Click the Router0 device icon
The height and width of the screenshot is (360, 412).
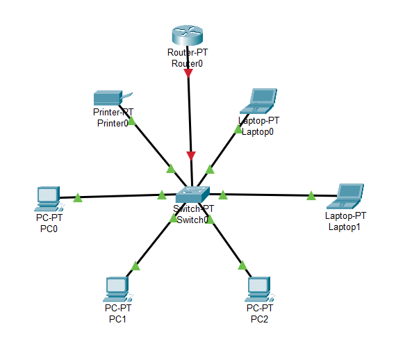188,35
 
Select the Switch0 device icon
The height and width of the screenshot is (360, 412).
192,195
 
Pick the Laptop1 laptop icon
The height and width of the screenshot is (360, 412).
345,196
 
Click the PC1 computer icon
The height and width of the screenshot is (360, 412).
117,289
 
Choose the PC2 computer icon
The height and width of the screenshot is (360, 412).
260,289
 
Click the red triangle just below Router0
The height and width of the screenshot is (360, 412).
188,73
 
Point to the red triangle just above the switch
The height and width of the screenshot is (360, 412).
191,156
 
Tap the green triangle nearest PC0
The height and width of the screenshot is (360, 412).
78,197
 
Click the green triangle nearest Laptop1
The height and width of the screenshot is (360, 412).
311,195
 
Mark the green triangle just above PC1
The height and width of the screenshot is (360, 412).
135,265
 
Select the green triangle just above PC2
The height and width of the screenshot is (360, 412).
242,265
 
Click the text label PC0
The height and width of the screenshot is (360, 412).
49,229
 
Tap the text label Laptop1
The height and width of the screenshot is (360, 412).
345,227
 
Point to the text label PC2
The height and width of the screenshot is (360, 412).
260,319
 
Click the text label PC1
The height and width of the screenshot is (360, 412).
117,319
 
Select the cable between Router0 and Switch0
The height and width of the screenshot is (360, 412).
190,115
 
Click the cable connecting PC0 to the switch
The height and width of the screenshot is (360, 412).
117,196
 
